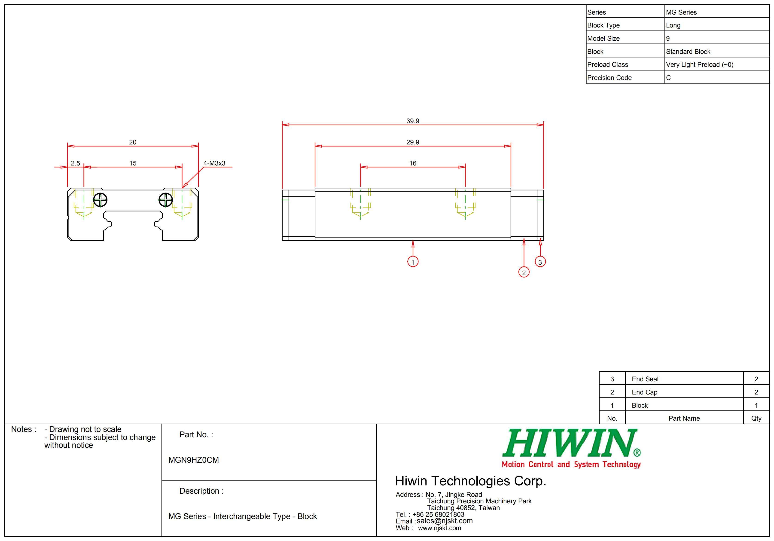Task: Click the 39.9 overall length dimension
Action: (413, 121)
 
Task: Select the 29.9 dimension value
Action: (413, 142)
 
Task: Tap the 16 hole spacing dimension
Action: (413, 163)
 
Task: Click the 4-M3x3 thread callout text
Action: (214, 163)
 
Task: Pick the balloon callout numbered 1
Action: (413, 262)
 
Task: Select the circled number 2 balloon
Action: (524, 272)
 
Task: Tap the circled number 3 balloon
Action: (540, 262)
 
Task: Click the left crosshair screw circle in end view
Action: (100, 200)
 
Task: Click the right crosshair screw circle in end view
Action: (165, 200)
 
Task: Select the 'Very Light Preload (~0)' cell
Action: (700, 64)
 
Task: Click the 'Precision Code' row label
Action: (609, 78)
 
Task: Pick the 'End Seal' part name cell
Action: (645, 379)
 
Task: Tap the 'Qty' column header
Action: (756, 418)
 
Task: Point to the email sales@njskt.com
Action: (444, 521)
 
